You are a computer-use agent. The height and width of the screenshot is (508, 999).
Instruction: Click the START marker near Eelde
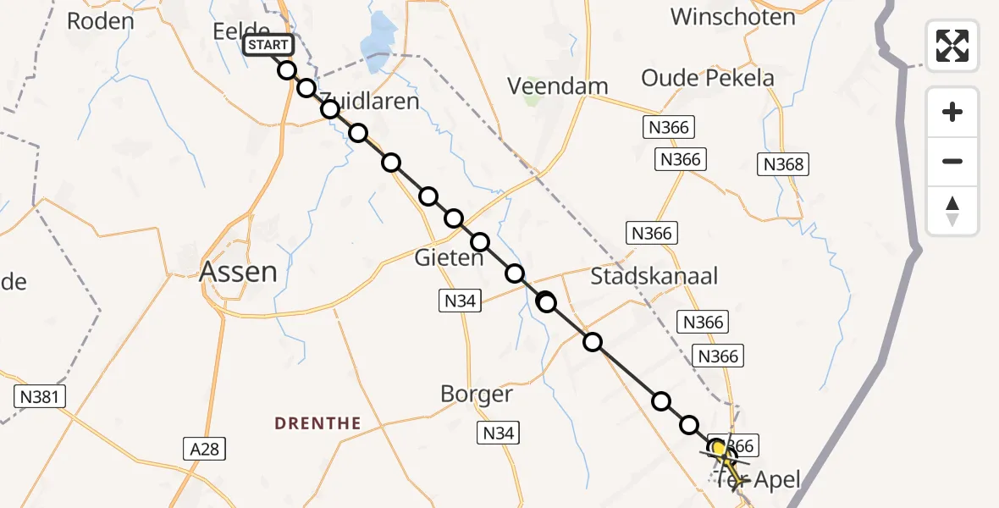pyautogui.click(x=268, y=45)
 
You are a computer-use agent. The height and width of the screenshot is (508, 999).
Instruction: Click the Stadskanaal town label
pyautogui.click(x=654, y=276)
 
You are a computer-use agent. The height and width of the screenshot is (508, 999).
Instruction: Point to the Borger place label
pyautogui.click(x=477, y=394)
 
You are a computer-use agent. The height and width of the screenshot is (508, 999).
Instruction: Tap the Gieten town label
pyautogui.click(x=448, y=257)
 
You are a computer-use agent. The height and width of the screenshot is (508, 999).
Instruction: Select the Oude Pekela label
pyautogui.click(x=708, y=78)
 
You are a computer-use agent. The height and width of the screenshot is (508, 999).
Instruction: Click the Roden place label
pyautogui.click(x=101, y=21)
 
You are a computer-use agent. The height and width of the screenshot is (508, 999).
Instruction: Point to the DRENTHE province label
pyautogui.click(x=317, y=422)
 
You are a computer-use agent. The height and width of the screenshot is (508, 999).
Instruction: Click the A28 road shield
pyautogui.click(x=204, y=448)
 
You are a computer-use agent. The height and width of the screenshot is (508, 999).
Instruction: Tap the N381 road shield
pyautogui.click(x=40, y=395)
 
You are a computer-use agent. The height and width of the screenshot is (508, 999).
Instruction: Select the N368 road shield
pyautogui.click(x=783, y=164)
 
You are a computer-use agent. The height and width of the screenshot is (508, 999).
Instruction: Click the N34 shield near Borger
pyautogui.click(x=497, y=433)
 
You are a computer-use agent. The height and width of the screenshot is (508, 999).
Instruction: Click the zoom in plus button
pyautogui.click(x=952, y=112)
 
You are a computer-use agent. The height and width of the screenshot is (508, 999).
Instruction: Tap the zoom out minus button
pyautogui.click(x=952, y=161)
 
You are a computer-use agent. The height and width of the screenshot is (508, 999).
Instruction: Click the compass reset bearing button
pyautogui.click(x=952, y=211)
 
